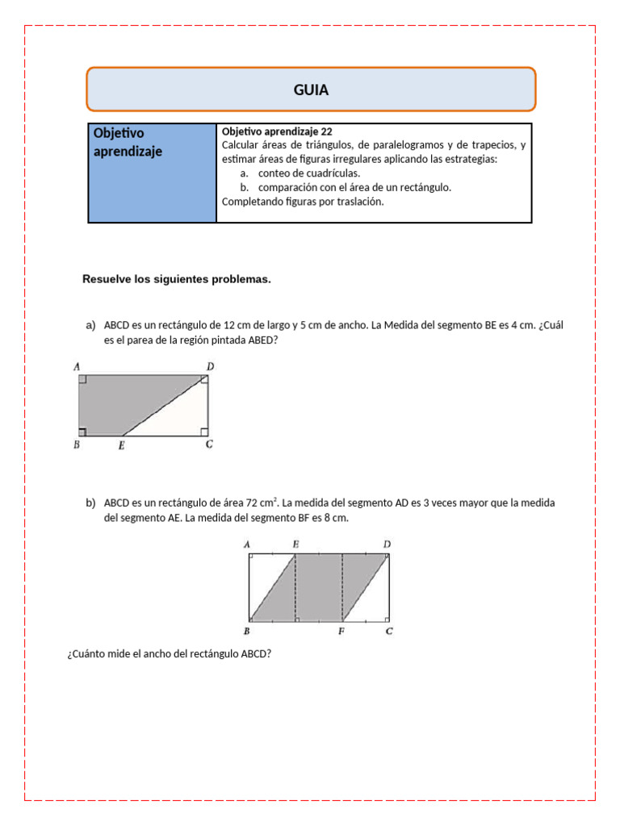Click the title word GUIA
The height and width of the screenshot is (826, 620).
click(311, 90)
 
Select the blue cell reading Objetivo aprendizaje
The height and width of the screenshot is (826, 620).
click(152, 172)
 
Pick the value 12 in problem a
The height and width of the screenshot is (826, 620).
click(229, 326)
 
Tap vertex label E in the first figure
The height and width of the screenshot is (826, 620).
click(121, 444)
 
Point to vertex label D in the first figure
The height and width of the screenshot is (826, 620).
click(210, 367)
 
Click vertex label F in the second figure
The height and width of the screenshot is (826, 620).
click(342, 631)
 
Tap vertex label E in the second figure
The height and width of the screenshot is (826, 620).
click(295, 544)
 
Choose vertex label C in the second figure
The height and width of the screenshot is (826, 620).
click(389, 631)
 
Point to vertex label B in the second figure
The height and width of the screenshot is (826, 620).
click(246, 631)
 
